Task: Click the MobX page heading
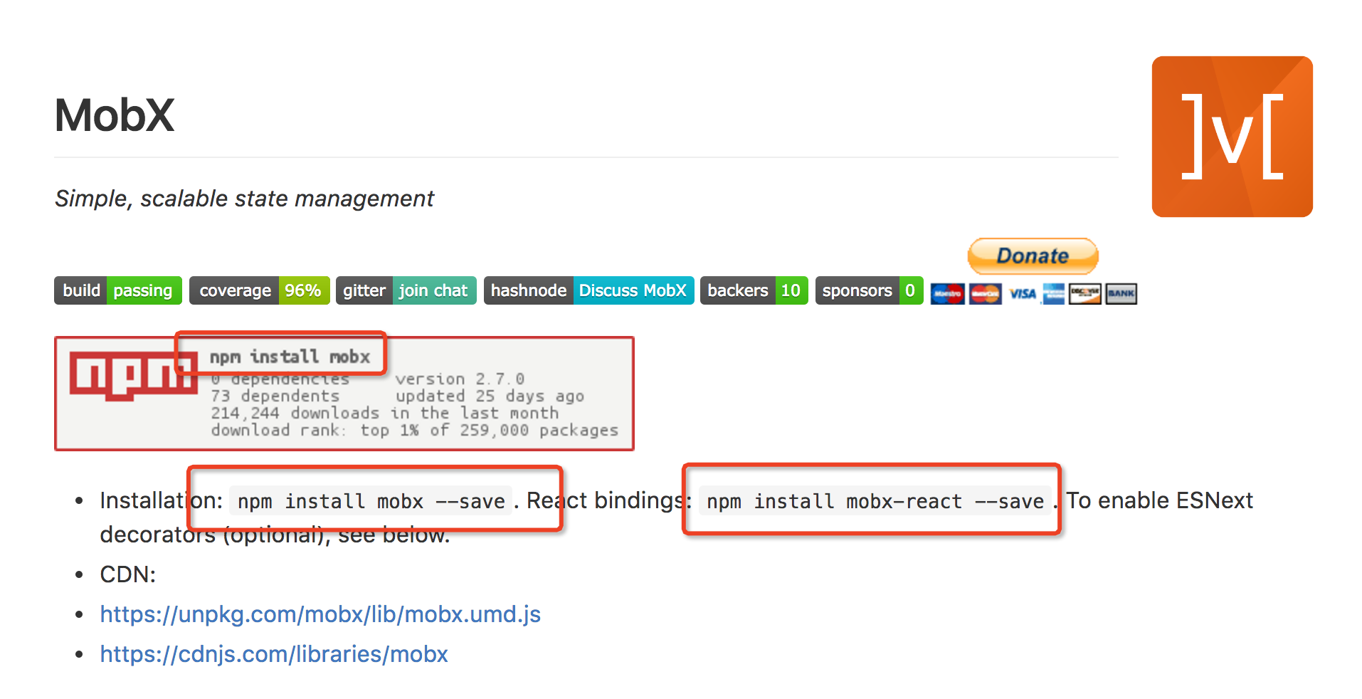pos(115,115)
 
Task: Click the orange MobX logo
pos(1232,137)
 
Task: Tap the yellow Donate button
pos(1033,256)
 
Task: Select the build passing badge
pos(118,290)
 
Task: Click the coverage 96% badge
pos(259,290)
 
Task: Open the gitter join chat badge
pos(406,290)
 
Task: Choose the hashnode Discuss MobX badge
pos(588,290)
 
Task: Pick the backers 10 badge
pos(754,290)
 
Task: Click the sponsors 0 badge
pos(869,290)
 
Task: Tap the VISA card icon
pos(1023,294)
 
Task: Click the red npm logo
pos(132,376)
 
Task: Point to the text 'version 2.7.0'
pos(460,379)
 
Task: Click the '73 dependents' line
pos(275,396)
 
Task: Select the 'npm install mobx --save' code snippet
pos(371,501)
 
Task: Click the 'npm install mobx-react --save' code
pos(875,501)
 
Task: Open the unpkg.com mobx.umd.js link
pos(320,614)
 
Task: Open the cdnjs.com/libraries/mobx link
pos(274,654)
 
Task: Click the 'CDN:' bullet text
pos(128,574)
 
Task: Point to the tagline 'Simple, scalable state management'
pos(244,199)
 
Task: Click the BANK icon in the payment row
pos(1121,294)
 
